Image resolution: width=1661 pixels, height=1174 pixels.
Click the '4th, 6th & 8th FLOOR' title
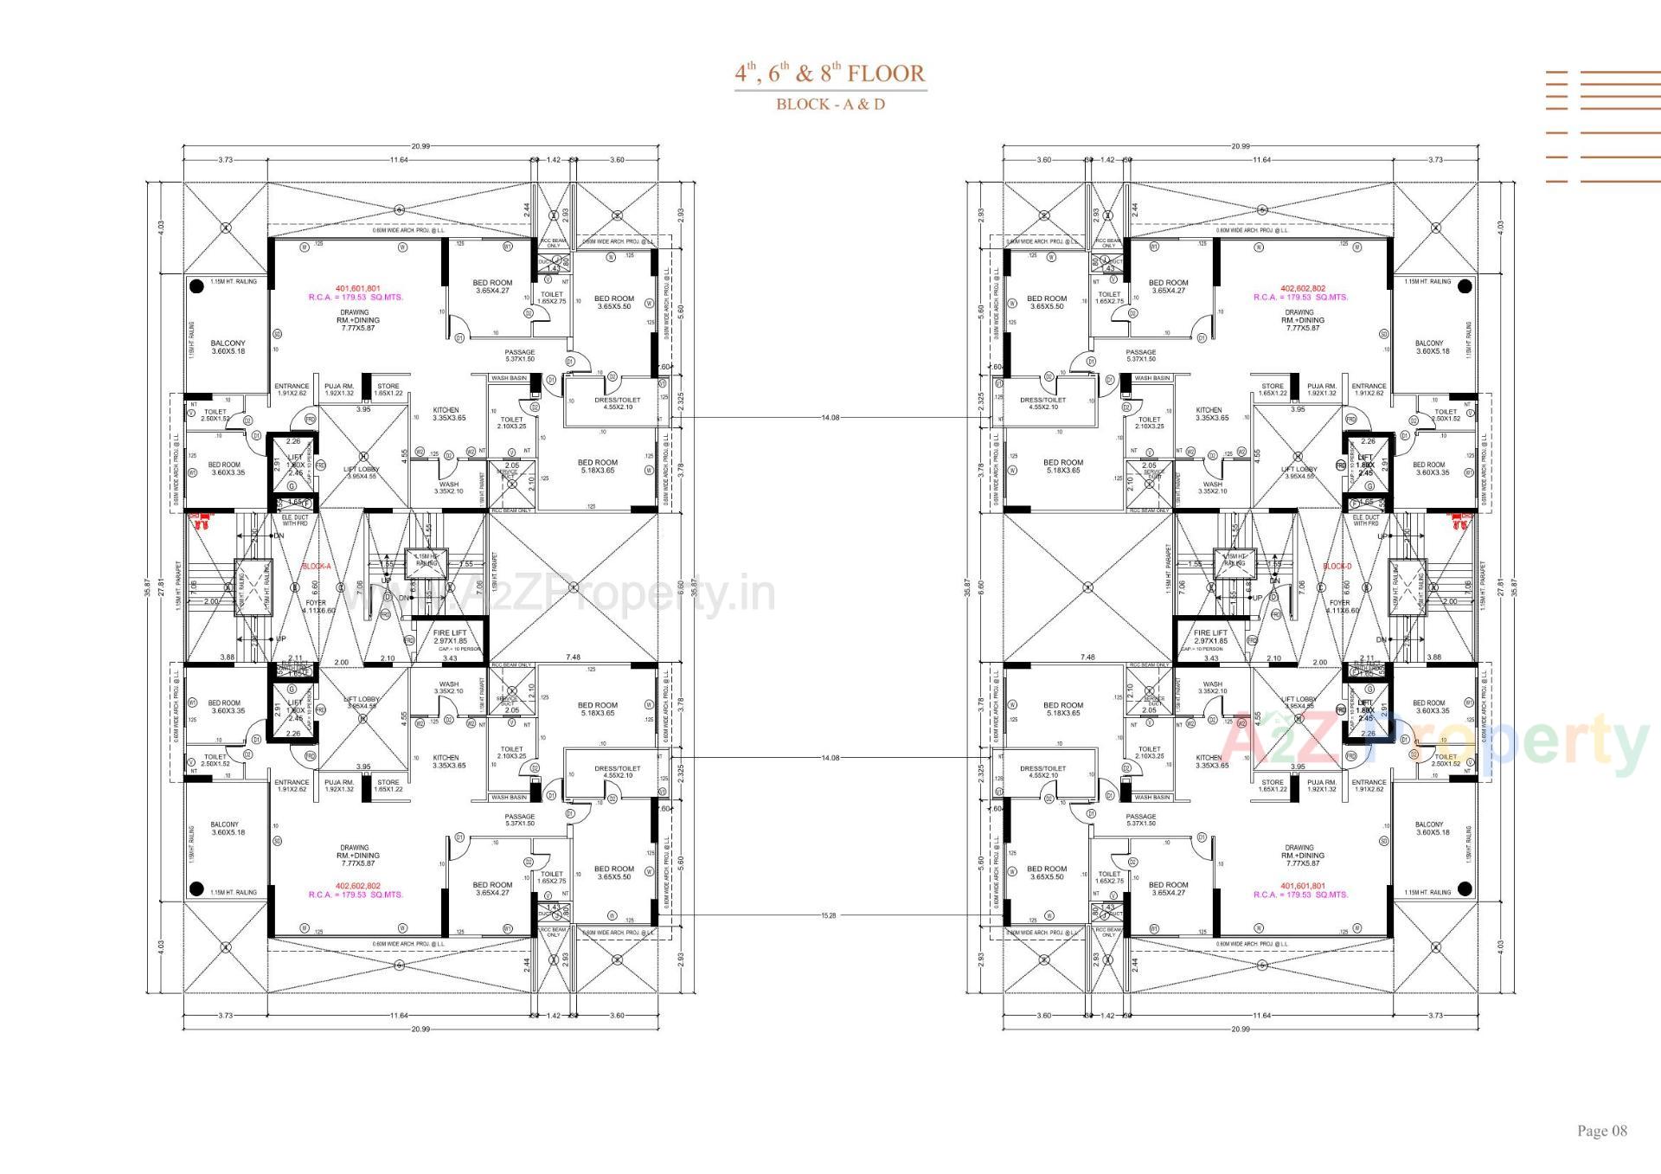click(830, 74)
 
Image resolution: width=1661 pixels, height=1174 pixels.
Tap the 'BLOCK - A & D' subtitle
click(830, 105)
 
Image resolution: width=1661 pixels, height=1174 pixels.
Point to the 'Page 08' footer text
click(1601, 1131)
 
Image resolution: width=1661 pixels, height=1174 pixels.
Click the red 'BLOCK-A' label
click(316, 567)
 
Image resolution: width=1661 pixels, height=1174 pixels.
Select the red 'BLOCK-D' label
click(1337, 567)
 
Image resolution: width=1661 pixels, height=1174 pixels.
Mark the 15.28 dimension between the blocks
click(830, 914)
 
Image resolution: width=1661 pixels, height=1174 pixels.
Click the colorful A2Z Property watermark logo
click(1436, 741)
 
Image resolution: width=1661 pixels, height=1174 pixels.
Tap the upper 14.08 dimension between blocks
click(830, 417)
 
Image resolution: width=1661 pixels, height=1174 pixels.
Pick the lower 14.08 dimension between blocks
click(830, 757)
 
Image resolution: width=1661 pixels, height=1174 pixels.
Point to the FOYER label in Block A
click(316, 603)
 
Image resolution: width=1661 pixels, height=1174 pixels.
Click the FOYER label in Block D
click(1339, 603)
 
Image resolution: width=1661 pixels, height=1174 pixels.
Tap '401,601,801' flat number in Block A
click(357, 288)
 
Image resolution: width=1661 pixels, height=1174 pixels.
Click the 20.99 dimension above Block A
click(420, 146)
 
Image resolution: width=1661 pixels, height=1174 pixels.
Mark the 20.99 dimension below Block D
click(1240, 1029)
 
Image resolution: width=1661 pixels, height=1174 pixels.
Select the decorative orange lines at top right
click(1602, 126)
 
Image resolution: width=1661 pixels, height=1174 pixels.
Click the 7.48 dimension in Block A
click(573, 657)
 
